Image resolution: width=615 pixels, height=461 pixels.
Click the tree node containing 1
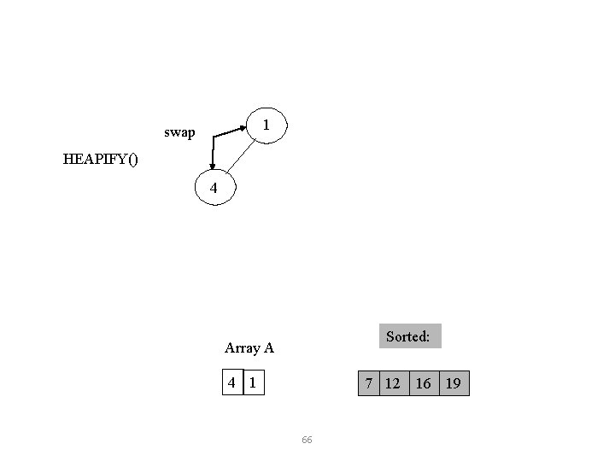pyautogui.click(x=267, y=125)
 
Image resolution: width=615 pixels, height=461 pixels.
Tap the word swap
pyautogui.click(x=179, y=133)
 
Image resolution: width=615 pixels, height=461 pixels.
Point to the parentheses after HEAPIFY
pyautogui.click(x=131, y=159)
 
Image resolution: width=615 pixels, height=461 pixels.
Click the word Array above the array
pyautogui.click(x=241, y=347)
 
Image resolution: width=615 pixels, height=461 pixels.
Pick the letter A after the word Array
pyautogui.click(x=268, y=347)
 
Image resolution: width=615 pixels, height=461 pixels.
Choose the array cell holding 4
pyautogui.click(x=231, y=383)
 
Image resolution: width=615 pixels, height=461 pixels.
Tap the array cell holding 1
pyautogui.click(x=253, y=383)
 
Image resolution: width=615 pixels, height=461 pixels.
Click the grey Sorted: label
pyautogui.click(x=407, y=336)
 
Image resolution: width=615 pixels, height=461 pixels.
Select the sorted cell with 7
pyautogui.click(x=368, y=383)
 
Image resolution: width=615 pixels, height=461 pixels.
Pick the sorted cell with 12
pyautogui.click(x=392, y=383)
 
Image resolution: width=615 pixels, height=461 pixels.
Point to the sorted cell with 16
pyautogui.click(x=423, y=383)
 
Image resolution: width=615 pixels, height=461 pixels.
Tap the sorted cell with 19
pyautogui.click(x=454, y=383)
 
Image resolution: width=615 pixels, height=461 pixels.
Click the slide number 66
pyautogui.click(x=307, y=440)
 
